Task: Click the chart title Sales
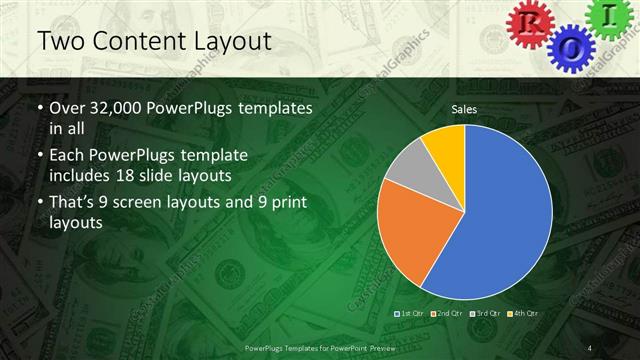coord(463,108)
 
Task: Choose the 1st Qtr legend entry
coord(413,314)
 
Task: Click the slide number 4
coord(590,347)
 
